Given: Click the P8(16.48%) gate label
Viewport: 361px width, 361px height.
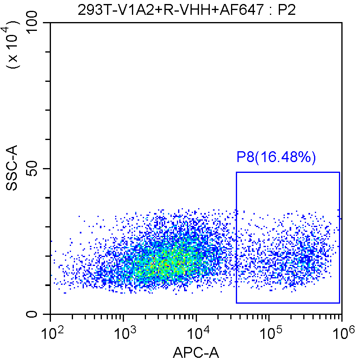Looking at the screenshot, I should pos(276,157).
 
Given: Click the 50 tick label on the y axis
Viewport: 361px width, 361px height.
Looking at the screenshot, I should pos(35,169).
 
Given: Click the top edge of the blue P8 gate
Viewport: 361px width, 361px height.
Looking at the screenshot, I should pos(288,172).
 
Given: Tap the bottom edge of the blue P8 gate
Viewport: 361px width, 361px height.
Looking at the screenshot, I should pos(288,303).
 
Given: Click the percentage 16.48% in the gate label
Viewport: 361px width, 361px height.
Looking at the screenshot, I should pos(285,157).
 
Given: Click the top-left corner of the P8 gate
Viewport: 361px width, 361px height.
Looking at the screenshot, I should pos(236,172).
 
